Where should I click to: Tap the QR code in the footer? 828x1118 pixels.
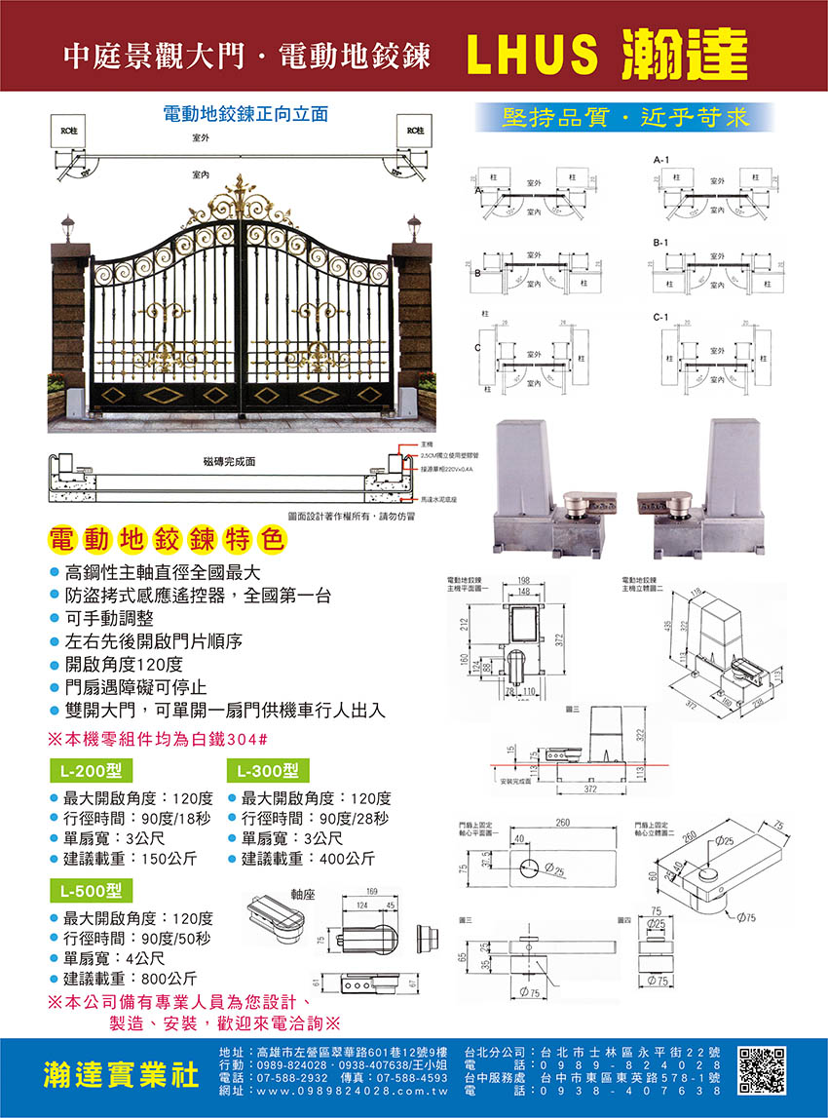pos(762,1072)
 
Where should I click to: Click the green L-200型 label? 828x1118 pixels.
pos(91,770)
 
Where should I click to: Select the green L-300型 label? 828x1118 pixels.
pos(267,770)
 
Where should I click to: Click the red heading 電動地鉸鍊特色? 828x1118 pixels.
pos(164,539)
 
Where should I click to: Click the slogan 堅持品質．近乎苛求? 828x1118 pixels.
pos(624,118)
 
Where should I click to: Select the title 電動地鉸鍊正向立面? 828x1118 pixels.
pos(245,114)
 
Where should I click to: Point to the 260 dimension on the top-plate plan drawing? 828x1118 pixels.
pos(563,824)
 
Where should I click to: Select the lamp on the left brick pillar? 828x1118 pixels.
pos(67,232)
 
